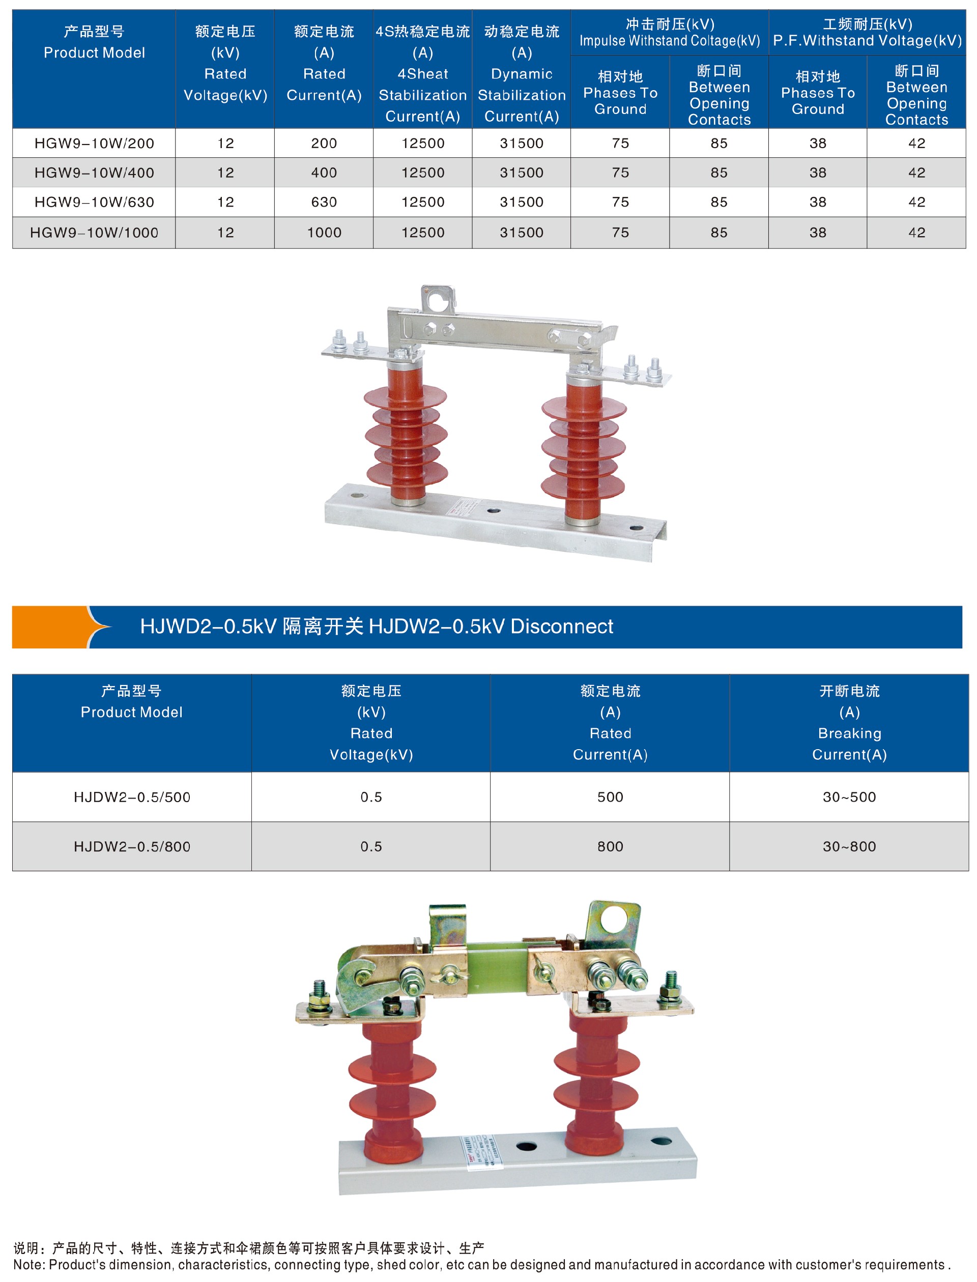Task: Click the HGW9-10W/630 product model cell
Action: tap(94, 202)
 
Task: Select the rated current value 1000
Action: tap(324, 233)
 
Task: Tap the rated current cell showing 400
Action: tap(324, 173)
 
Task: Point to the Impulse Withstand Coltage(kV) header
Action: tap(670, 41)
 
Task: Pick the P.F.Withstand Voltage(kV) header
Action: tap(867, 41)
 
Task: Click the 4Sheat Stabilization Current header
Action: tap(423, 95)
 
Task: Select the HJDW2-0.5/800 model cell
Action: tap(132, 846)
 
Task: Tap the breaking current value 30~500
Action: tap(849, 797)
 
